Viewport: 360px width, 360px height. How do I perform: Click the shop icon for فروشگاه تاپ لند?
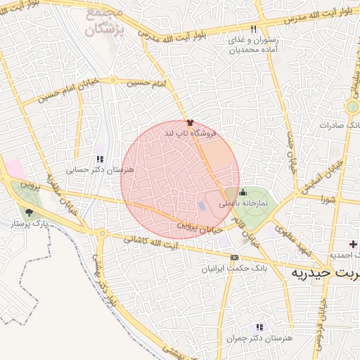pos(188,122)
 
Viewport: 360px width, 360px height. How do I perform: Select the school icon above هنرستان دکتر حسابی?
pos(99,160)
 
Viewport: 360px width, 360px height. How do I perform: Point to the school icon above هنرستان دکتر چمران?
pos(259,327)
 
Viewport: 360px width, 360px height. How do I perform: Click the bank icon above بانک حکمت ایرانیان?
pos(234,258)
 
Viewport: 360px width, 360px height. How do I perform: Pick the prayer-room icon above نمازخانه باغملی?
pos(243,193)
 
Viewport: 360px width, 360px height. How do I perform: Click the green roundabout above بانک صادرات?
pos(352,107)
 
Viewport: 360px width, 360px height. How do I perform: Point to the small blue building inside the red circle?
pos(202,206)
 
